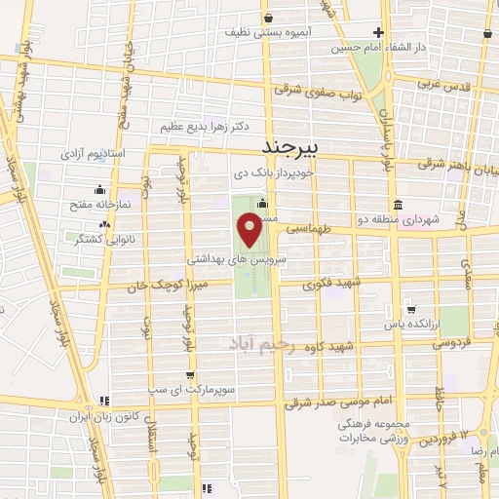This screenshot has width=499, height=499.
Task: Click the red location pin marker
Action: (249, 230)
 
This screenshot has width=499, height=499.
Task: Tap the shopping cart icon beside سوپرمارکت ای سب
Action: (191, 373)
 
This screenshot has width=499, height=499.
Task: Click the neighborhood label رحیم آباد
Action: (261, 344)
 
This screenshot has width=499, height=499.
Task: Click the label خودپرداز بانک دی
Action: (271, 173)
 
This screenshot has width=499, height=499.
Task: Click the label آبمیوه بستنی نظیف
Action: (267, 32)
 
